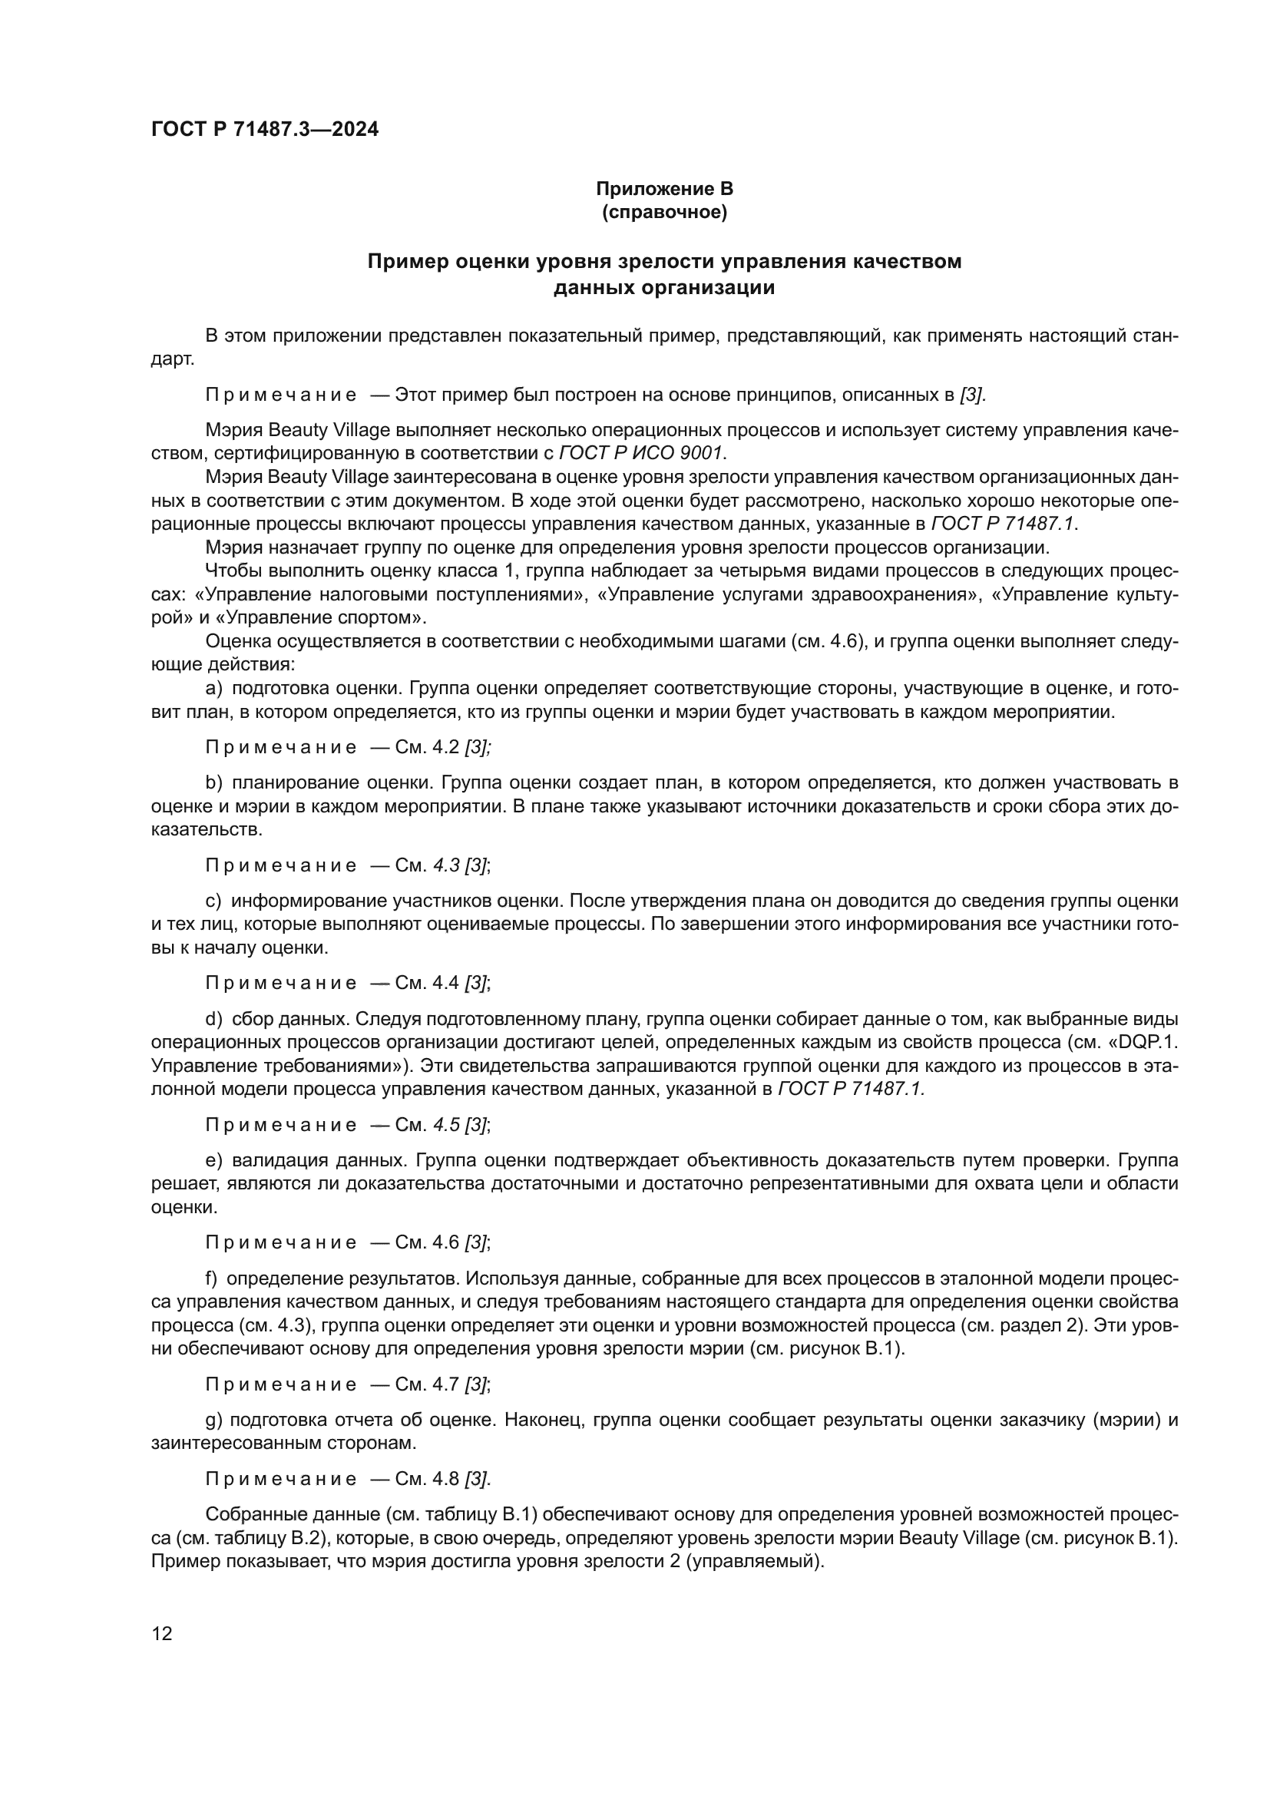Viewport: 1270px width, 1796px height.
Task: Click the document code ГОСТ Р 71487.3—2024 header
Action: point(264,129)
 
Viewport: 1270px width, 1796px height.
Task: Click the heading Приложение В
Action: point(664,189)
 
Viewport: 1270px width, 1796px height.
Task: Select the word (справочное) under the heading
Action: point(664,212)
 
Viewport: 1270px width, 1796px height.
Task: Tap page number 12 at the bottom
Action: point(162,1633)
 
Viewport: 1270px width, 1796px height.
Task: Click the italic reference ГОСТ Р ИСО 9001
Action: point(640,453)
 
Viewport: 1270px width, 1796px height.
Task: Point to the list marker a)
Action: point(213,688)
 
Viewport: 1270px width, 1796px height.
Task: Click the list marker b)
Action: point(213,782)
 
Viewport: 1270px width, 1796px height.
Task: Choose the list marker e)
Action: point(213,1159)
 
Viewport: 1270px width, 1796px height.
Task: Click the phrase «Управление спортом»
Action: point(321,617)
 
